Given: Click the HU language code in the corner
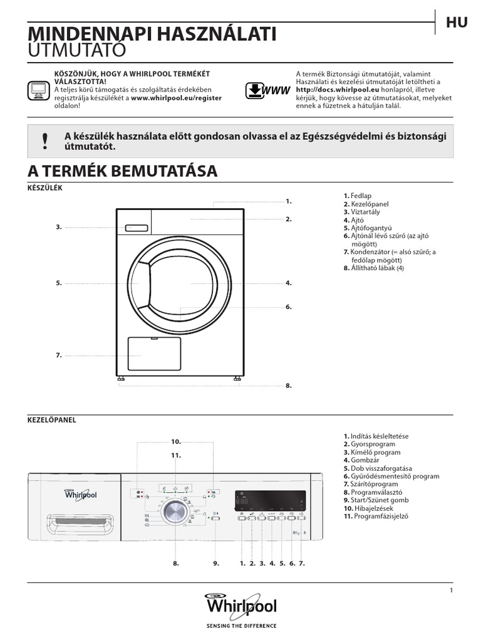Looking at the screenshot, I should (457, 23).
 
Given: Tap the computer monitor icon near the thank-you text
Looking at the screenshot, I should (39, 90).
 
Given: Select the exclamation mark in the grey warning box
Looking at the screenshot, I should (44, 141).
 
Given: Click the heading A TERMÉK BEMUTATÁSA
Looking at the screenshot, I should (123, 171).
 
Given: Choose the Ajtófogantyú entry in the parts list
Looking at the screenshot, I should (367, 228).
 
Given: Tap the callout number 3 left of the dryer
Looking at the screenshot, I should (58, 227).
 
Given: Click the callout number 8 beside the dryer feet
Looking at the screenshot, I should (289, 386).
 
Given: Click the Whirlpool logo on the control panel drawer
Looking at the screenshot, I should (81, 495).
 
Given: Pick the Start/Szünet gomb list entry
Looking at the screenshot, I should (376, 500).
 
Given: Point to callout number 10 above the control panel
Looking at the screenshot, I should (176, 442).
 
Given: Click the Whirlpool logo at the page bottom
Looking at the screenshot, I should (240, 606).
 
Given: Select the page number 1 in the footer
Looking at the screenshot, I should (451, 591).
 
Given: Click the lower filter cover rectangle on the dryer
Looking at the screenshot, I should (154, 355).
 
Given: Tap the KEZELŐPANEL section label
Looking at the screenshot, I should (51, 420).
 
